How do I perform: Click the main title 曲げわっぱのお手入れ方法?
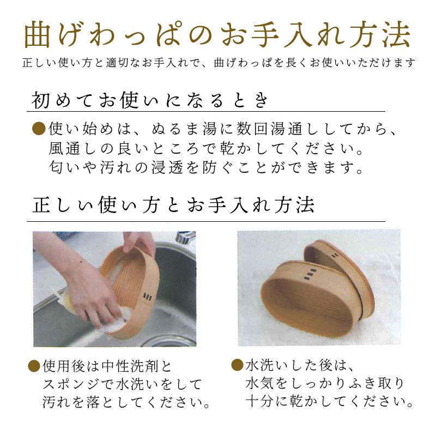217,36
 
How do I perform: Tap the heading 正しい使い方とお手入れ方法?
174,206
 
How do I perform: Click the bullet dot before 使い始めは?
39,130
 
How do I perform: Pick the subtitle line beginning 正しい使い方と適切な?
217,63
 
